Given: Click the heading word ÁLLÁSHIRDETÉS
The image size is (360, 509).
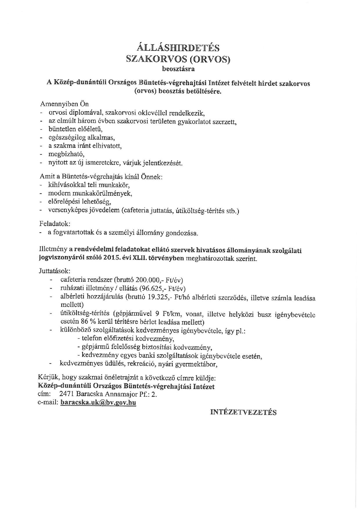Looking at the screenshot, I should click(x=178, y=47).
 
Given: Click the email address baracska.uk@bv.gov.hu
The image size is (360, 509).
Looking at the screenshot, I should click(x=98, y=402).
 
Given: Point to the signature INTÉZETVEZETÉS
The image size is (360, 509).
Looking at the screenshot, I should click(x=243, y=412).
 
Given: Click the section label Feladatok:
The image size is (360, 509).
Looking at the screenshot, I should click(x=55, y=224).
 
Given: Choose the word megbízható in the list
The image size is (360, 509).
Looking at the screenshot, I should click(x=66, y=154).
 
